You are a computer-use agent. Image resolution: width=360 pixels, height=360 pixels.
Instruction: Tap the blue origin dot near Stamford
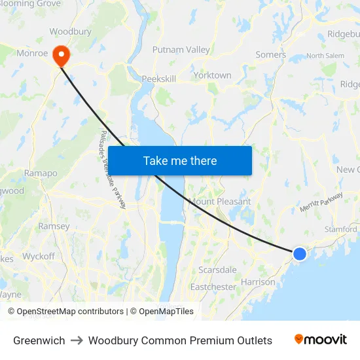(299, 253)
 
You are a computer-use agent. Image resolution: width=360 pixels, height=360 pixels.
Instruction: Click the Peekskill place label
(159, 79)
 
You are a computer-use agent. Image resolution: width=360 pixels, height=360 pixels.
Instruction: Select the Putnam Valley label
(181, 50)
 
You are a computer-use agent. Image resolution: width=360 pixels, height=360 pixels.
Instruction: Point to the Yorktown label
(212, 75)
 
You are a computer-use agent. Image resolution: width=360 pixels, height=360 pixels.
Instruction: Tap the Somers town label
(270, 55)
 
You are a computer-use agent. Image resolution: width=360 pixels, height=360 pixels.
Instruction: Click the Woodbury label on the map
(70, 31)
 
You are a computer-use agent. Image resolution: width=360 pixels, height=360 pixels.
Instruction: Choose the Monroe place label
(32, 53)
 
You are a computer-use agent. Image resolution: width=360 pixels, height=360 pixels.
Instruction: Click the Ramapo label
(41, 173)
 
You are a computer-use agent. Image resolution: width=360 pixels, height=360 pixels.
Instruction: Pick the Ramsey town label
(54, 226)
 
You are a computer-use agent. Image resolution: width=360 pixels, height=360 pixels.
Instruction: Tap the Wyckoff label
(39, 256)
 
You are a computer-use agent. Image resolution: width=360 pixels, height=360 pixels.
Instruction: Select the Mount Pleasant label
(219, 202)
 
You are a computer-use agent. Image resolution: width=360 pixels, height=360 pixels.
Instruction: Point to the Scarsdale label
(217, 270)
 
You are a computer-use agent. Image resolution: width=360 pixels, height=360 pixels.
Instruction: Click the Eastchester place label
(213, 287)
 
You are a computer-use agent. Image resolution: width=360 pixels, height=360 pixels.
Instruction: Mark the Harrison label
(258, 282)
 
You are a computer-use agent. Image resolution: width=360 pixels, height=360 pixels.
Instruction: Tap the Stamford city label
(340, 229)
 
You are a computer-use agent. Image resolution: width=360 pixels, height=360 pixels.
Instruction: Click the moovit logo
(321, 340)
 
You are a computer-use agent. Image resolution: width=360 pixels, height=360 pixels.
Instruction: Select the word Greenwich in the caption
(39, 340)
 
